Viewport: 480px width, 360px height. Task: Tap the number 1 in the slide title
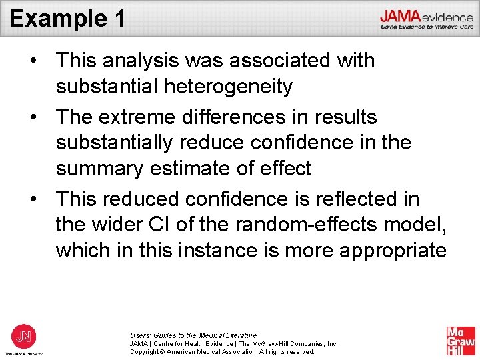click(118, 18)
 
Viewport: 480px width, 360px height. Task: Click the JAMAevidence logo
click(427, 18)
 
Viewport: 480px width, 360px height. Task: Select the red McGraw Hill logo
click(461, 341)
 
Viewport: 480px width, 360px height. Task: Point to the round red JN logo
click(24, 335)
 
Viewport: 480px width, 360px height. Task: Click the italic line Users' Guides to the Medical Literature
click(193, 335)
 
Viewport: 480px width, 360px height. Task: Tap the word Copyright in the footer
click(147, 351)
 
